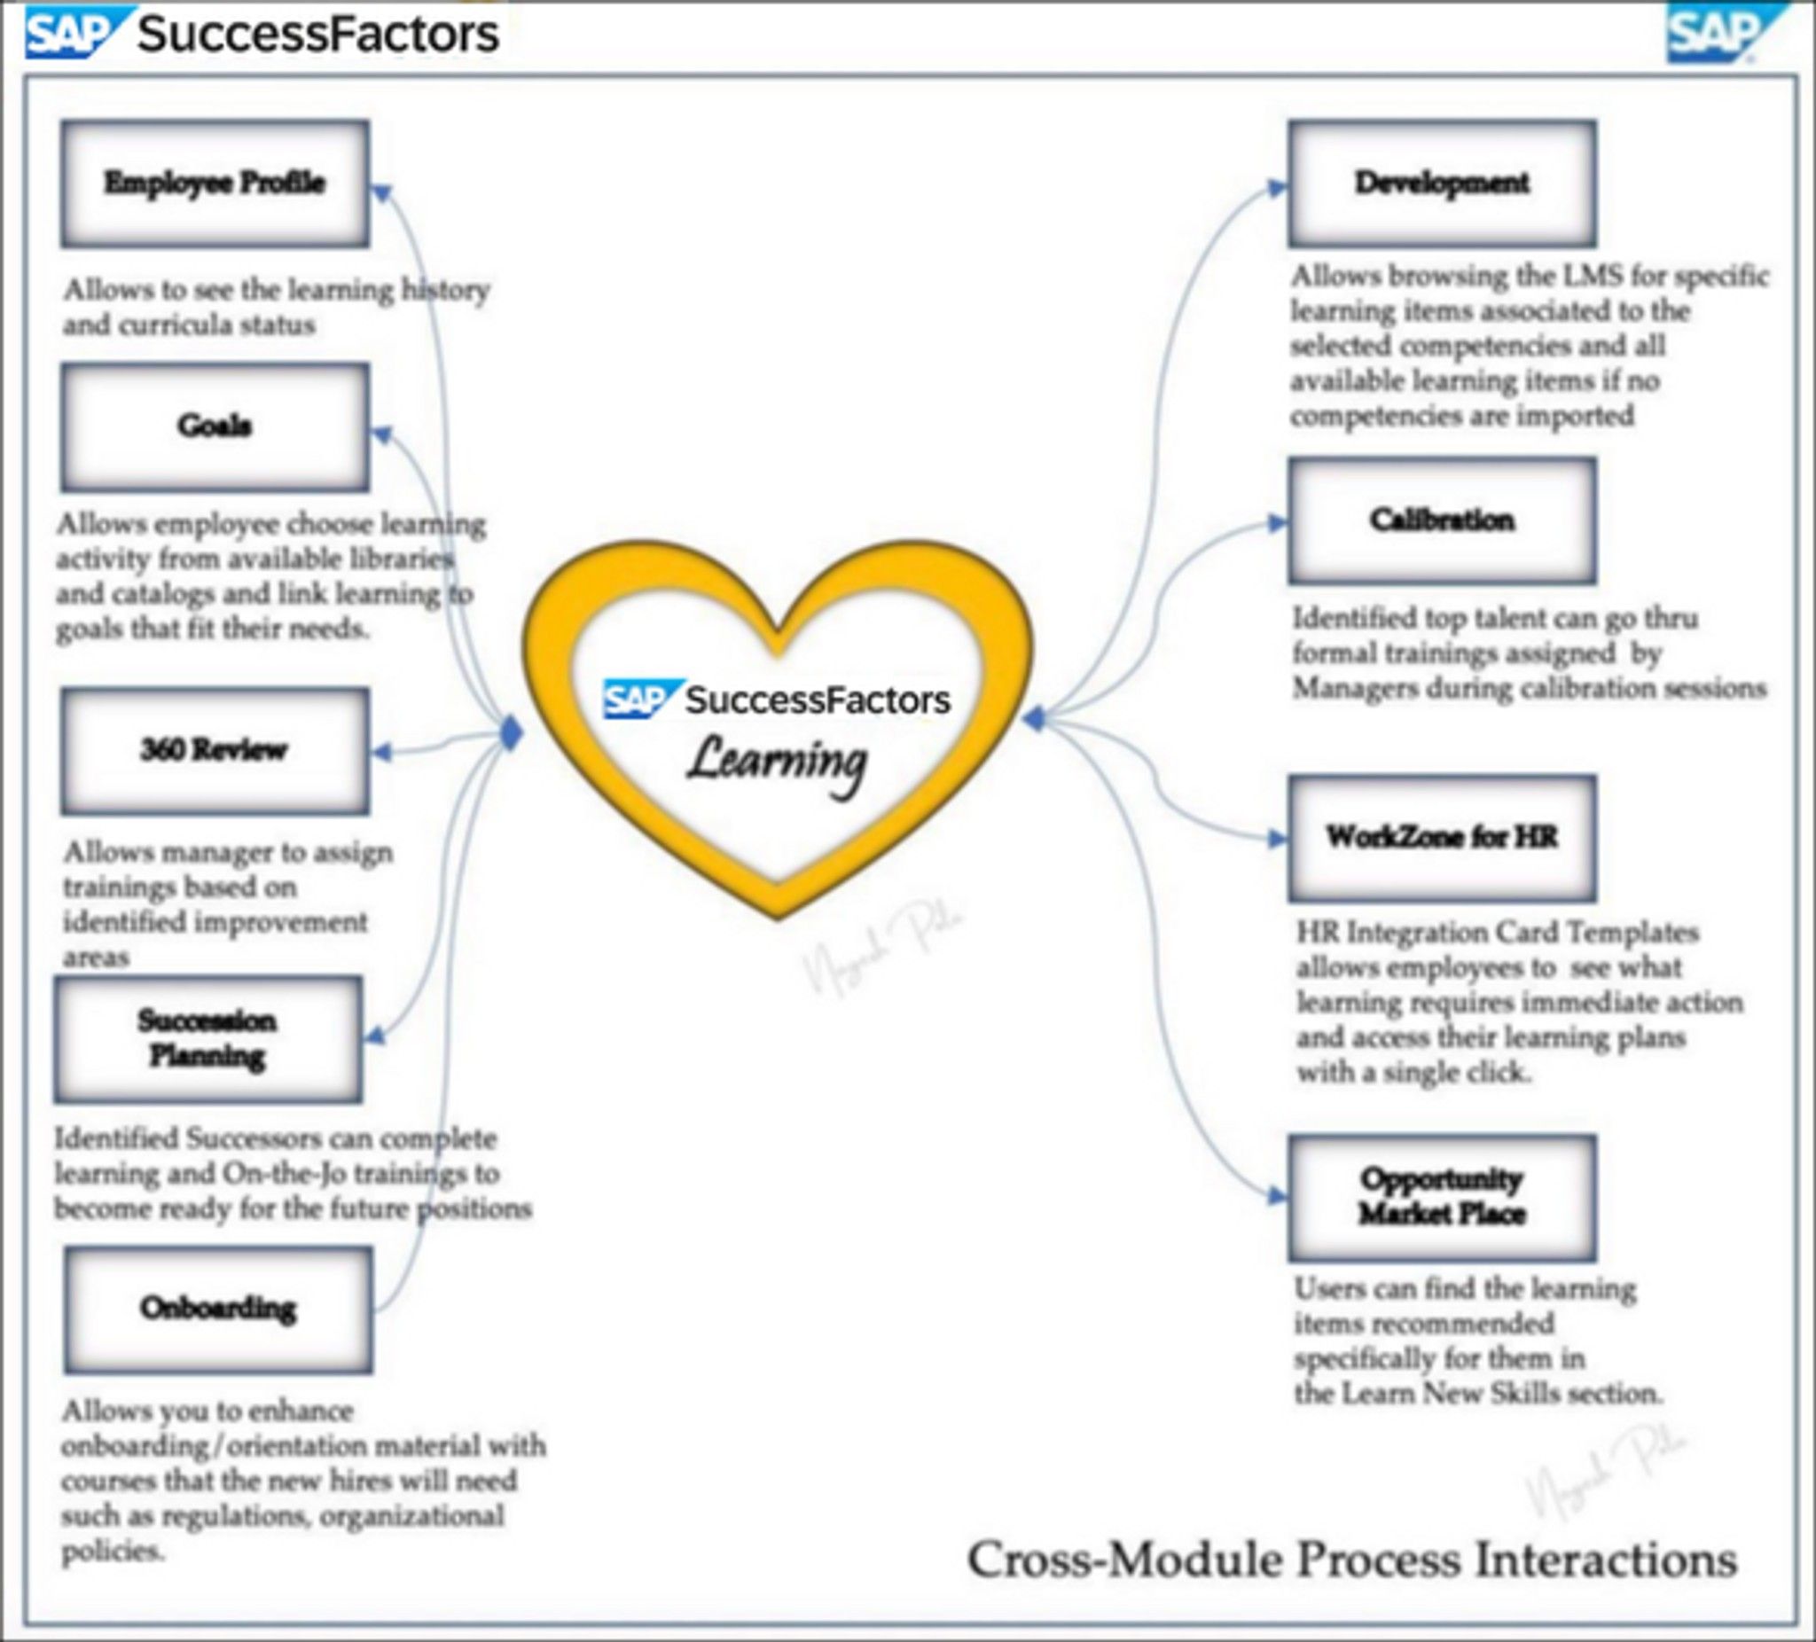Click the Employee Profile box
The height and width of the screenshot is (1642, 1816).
(x=215, y=184)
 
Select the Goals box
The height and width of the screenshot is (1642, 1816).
(x=215, y=427)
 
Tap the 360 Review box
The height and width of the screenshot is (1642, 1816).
(x=215, y=751)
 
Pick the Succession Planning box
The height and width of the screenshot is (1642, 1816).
(x=208, y=1039)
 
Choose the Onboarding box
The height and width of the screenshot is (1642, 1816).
(x=218, y=1310)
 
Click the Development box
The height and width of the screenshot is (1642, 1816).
(x=1441, y=184)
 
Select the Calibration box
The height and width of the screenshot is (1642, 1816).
(x=1441, y=520)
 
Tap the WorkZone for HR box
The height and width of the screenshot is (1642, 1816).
(x=1441, y=838)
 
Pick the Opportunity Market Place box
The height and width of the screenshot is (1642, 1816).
(x=1441, y=1197)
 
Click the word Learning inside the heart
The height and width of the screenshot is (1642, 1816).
(x=777, y=761)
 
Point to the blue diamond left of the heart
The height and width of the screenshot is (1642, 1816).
(x=511, y=733)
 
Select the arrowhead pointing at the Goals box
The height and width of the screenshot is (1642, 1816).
(x=382, y=434)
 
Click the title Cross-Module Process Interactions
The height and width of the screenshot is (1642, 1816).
(x=1351, y=1560)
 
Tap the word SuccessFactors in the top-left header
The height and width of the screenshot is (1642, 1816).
(x=318, y=35)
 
